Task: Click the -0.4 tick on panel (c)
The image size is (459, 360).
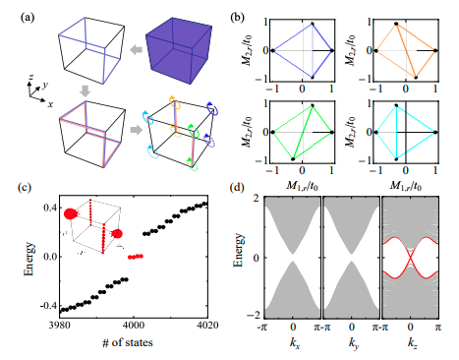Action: (44, 309)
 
